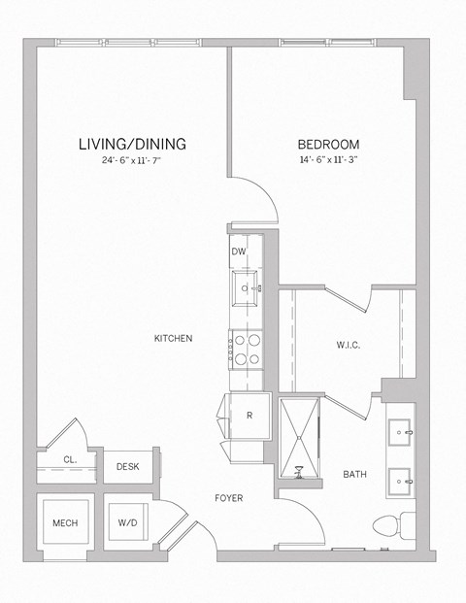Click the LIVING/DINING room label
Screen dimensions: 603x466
pos(132,144)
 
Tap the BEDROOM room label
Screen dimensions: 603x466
pos(329,144)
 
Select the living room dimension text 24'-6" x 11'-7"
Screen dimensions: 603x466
pos(132,161)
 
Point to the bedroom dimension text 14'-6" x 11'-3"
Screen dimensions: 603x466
pos(329,161)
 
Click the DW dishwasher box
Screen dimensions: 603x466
pos(239,251)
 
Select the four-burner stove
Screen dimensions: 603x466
pos(245,348)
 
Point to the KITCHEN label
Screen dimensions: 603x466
pos(173,338)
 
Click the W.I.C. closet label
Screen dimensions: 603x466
pos(349,345)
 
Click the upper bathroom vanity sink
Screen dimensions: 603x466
pos(401,431)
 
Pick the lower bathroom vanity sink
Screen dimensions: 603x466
pos(401,480)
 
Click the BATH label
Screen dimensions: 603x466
pos(354,475)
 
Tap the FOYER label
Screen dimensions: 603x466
pos(229,498)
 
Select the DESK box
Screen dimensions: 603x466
pos(127,467)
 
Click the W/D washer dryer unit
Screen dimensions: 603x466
pos(127,523)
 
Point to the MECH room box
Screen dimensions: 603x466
pos(65,523)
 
